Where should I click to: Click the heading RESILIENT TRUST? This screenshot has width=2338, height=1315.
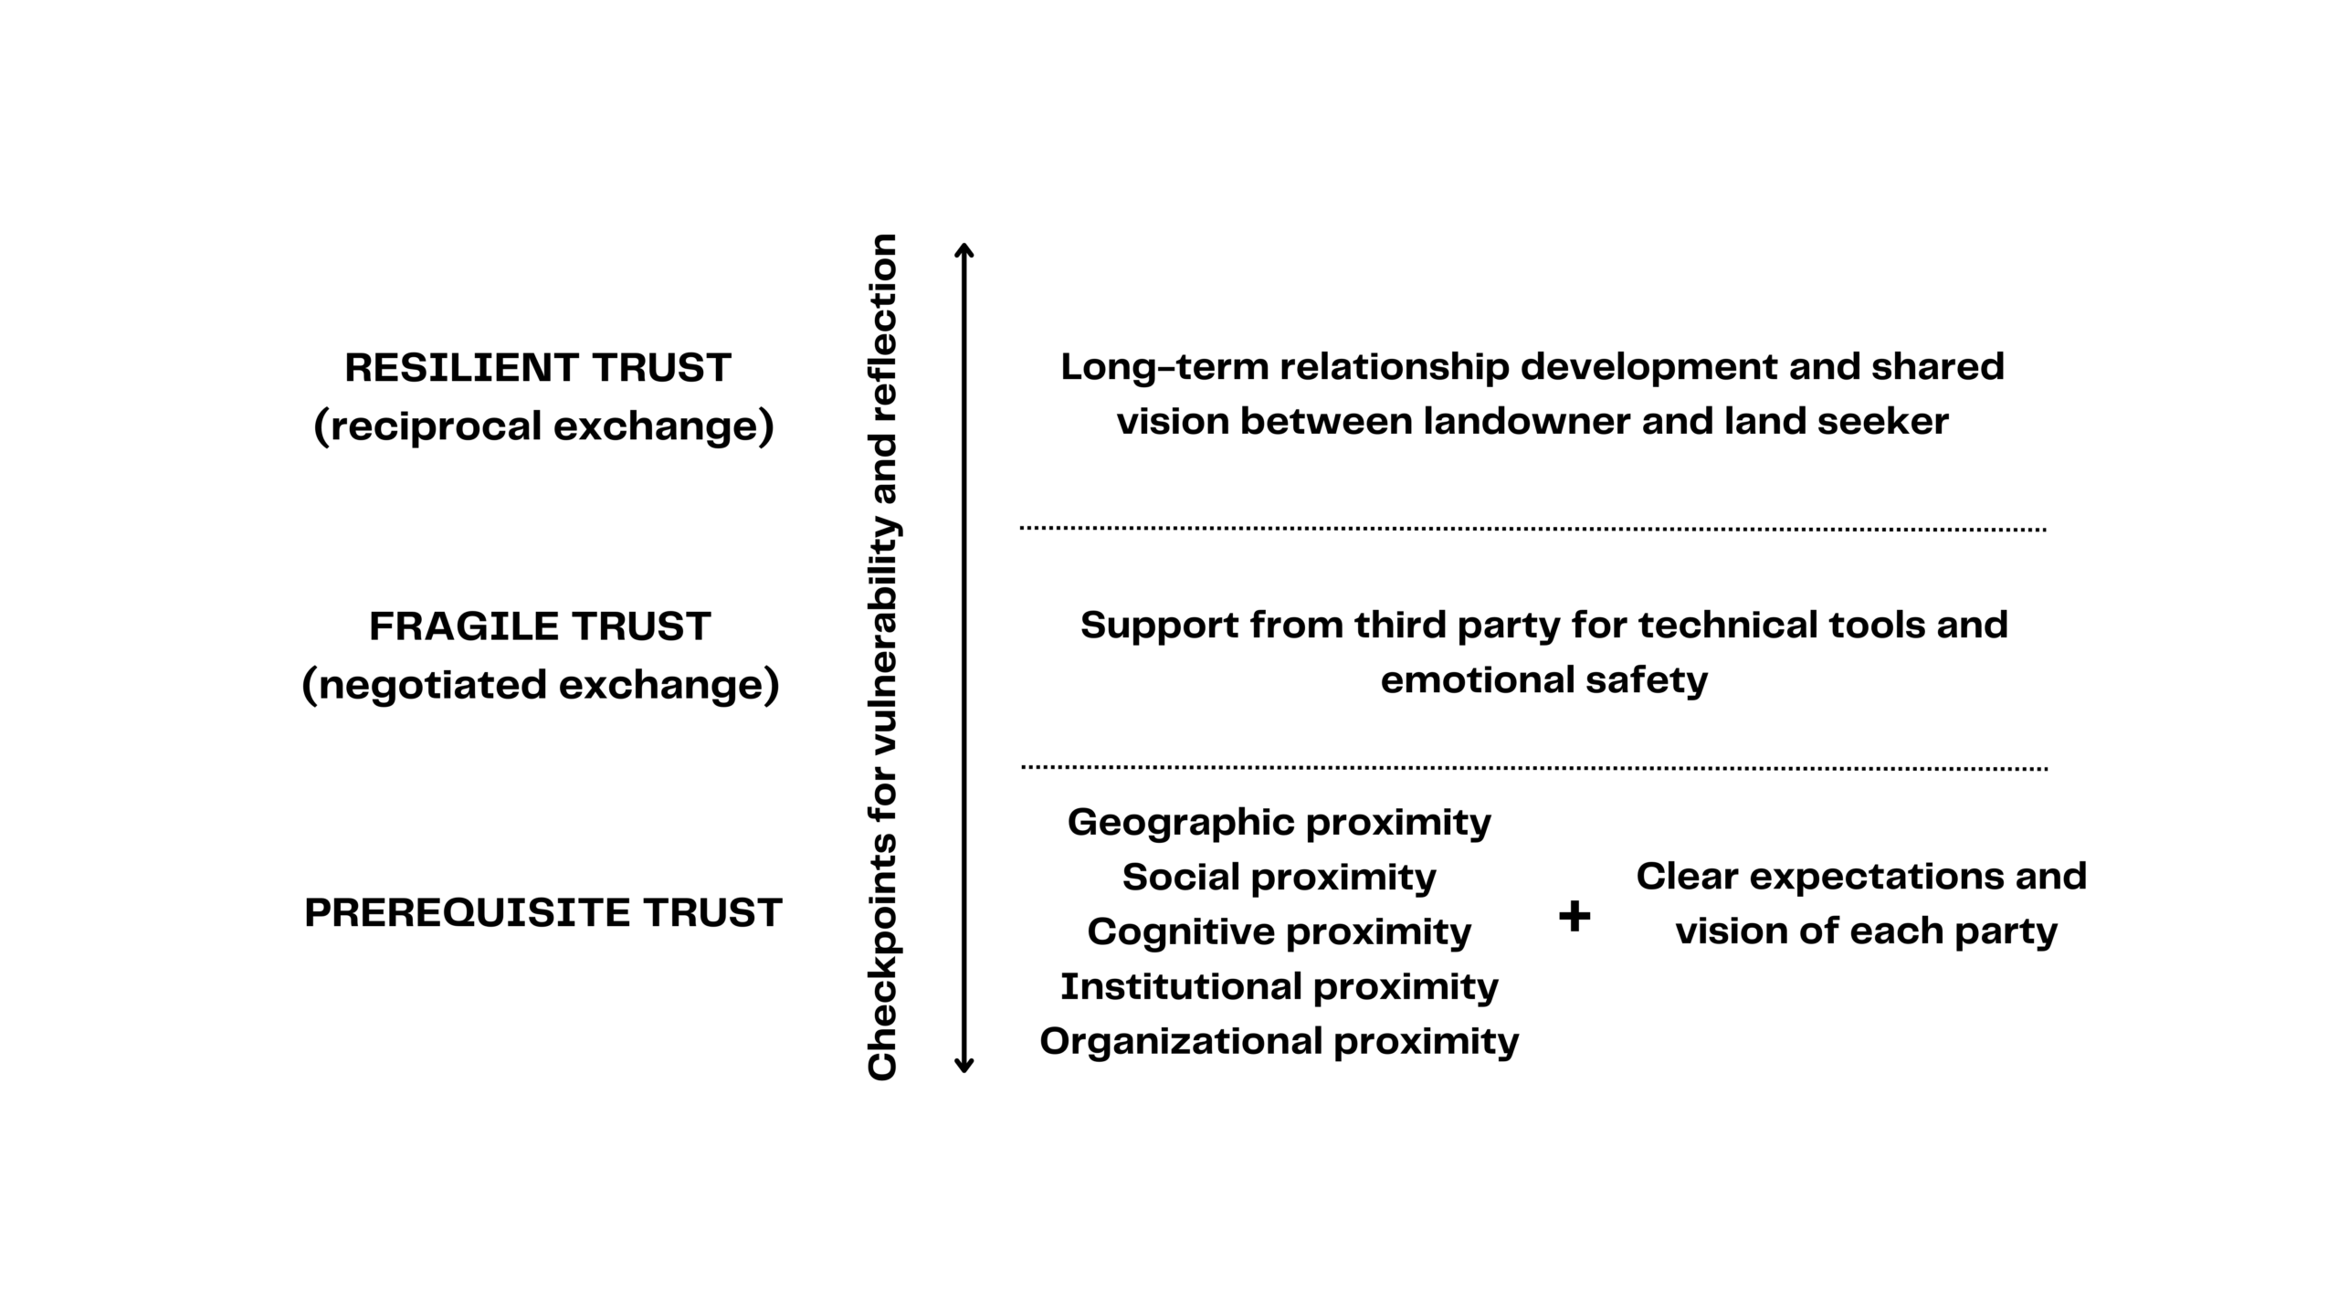coord(538,368)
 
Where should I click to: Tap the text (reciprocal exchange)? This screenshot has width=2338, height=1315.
coord(543,426)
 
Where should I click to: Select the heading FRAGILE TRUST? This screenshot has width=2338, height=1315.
coord(540,627)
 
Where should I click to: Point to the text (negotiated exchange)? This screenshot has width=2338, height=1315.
coord(541,685)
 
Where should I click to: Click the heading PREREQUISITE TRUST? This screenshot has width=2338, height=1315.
coord(543,913)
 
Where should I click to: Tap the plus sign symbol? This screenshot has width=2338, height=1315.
coord(1574,915)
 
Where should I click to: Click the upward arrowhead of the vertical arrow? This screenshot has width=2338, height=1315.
coord(964,250)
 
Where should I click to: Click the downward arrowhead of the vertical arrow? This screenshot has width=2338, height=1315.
coord(964,1065)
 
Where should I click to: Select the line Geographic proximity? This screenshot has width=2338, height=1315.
coord(1279,823)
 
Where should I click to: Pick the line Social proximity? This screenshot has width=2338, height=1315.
coord(1279,878)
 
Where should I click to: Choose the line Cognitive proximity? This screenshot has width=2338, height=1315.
coord(1279,932)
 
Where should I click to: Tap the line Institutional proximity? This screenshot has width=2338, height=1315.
coord(1279,987)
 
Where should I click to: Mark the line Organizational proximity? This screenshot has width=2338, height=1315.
coord(1279,1042)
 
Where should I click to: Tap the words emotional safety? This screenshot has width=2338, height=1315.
coord(1543,680)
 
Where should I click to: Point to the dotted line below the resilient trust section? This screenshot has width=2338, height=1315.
coord(1532,529)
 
